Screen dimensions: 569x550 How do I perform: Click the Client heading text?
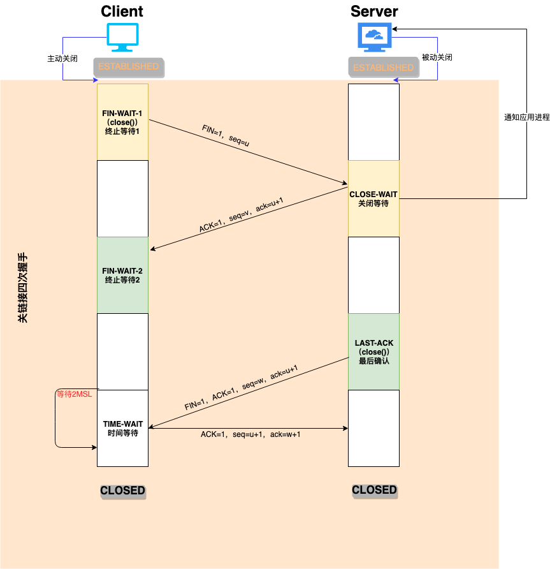pos(122,11)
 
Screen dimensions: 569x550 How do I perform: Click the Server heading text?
pos(374,11)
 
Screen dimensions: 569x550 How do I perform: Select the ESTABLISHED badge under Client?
pos(128,66)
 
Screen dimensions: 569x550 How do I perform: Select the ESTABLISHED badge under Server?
pos(383,67)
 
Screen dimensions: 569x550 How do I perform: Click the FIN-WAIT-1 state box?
pos(122,122)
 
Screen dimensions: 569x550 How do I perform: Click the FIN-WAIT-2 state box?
pos(122,275)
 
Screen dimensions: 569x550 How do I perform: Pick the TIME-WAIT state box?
pos(122,428)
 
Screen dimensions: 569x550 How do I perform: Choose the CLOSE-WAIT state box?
pos(373,198)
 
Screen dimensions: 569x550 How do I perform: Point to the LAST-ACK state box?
pos(373,351)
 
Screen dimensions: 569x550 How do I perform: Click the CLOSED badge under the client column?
pos(122,491)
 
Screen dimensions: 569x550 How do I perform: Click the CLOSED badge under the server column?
pos(374,490)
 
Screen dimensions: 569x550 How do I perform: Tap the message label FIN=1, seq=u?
pos(225,137)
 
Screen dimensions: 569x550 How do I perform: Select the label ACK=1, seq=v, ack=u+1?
pos(241,217)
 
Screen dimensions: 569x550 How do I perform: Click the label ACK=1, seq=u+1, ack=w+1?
pos(250,434)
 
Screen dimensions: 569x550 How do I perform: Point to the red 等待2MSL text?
pos(74,394)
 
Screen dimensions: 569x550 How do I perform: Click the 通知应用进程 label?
pos(526,117)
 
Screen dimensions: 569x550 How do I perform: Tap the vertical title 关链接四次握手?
pos(23,290)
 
